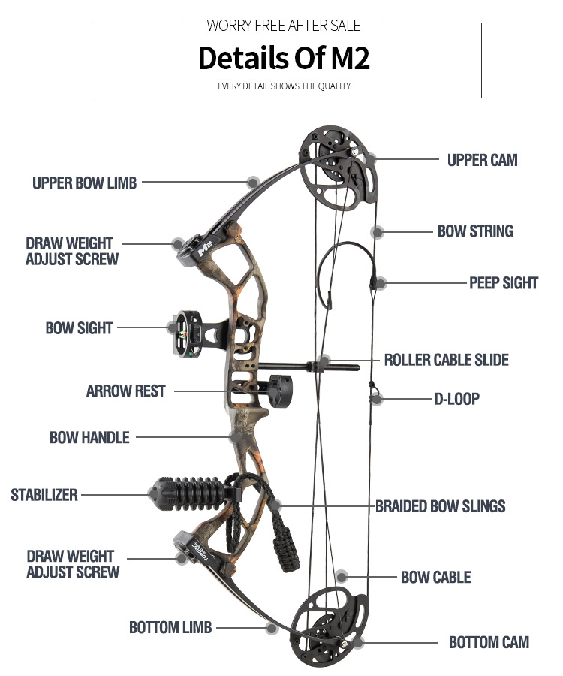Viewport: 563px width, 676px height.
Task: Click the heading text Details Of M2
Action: (284, 59)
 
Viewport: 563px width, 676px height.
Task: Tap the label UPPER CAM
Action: (482, 160)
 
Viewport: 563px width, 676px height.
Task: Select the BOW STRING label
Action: (475, 231)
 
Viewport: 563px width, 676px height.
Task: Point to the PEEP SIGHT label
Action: (504, 283)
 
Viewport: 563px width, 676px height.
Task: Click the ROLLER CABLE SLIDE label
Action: (446, 360)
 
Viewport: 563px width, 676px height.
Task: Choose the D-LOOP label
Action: (456, 398)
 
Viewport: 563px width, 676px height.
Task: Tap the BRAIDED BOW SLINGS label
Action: (440, 506)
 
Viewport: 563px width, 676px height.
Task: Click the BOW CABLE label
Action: (435, 577)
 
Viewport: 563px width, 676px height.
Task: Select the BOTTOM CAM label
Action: (489, 642)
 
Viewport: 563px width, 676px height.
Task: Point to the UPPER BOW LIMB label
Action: (84, 183)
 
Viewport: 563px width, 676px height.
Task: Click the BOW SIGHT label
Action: (79, 327)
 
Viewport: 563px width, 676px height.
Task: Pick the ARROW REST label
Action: (125, 391)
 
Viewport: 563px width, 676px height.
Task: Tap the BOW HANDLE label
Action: (89, 437)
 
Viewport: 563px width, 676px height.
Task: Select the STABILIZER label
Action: (44, 495)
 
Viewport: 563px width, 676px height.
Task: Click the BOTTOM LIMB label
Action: (170, 627)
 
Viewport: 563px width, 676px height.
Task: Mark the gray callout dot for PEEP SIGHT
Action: (381, 284)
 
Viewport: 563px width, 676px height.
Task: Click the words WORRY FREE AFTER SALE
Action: (284, 26)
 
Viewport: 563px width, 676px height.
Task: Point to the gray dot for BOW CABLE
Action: (342, 577)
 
